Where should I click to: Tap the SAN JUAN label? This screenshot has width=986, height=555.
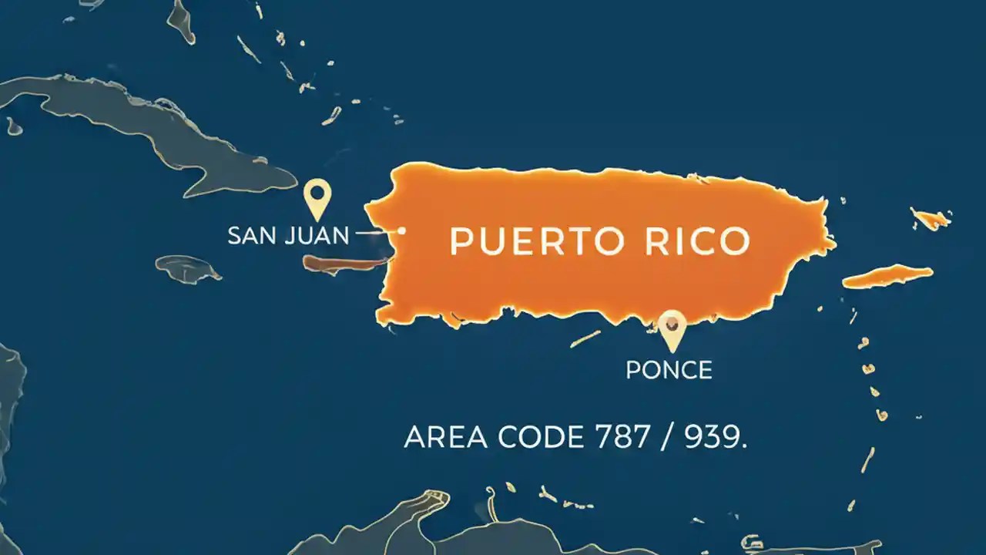tap(288, 235)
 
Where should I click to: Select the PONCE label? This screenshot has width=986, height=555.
tap(669, 369)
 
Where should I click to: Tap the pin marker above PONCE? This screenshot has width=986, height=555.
tap(672, 328)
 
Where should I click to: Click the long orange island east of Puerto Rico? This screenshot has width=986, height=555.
tap(887, 276)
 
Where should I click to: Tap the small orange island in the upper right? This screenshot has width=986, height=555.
tap(930, 219)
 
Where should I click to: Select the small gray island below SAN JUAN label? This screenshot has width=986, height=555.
tap(188, 268)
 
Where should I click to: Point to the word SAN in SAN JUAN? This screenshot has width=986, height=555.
tap(251, 235)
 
